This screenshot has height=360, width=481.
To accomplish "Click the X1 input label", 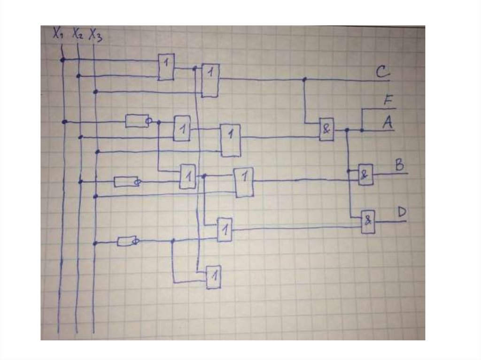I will pos(58,34).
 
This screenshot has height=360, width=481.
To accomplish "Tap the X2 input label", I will pos(78,34).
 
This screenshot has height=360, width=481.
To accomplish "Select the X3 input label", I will pos(95,35).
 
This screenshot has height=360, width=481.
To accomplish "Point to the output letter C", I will pos(382,73).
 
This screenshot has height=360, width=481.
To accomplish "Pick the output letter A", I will pos(388,123).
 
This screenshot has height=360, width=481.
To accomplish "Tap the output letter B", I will pos(400,165).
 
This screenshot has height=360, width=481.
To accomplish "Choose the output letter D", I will pos(402,212).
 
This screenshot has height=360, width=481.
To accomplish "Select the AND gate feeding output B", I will pos(365,175).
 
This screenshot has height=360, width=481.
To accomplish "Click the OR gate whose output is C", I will pos(210,79).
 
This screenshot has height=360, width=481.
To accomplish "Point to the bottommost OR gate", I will pos(213,277).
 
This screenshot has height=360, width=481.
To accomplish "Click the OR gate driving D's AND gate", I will pos(225,230).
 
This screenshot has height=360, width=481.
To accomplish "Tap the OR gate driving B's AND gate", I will pos(244,182).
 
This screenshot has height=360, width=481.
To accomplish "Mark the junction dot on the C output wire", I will pos(304,79).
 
